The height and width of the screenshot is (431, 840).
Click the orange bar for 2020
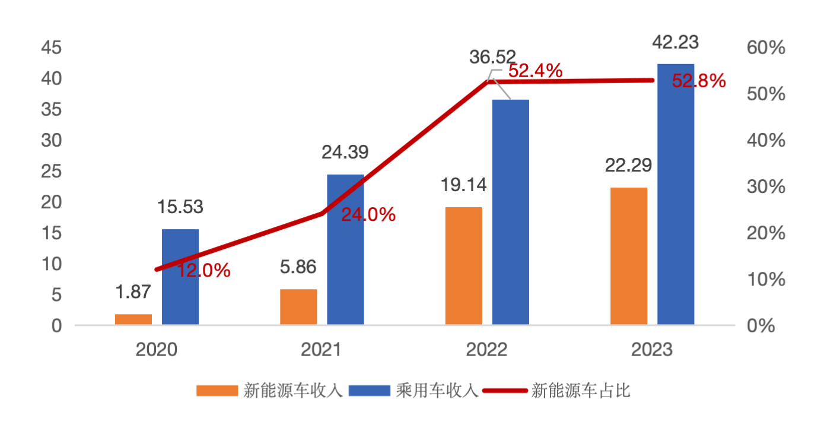pyautogui.click(x=133, y=319)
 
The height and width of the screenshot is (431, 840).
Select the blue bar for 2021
pyautogui.click(x=345, y=249)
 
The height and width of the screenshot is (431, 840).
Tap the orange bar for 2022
pyautogui.click(x=464, y=265)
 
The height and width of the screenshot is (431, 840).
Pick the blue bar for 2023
pyautogui.click(x=676, y=194)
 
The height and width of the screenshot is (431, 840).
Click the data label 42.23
pyautogui.click(x=675, y=43)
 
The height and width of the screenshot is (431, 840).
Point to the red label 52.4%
pyautogui.click(x=536, y=71)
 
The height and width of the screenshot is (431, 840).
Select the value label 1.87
pyautogui.click(x=133, y=291)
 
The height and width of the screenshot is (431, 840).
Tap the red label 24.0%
pyautogui.click(x=368, y=215)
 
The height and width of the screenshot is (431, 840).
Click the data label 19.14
pyautogui.click(x=463, y=185)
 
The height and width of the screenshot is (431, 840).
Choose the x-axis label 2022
pyautogui.click(x=486, y=350)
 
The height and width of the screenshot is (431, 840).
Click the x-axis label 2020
pyautogui.click(x=157, y=350)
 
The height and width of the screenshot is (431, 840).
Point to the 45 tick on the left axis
pyautogui.click(x=51, y=48)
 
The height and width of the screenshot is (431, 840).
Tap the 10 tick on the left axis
pyautogui.click(x=51, y=264)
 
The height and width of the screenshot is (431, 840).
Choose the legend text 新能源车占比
pyautogui.click(x=581, y=391)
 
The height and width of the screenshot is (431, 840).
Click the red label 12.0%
pyautogui.click(x=203, y=271)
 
